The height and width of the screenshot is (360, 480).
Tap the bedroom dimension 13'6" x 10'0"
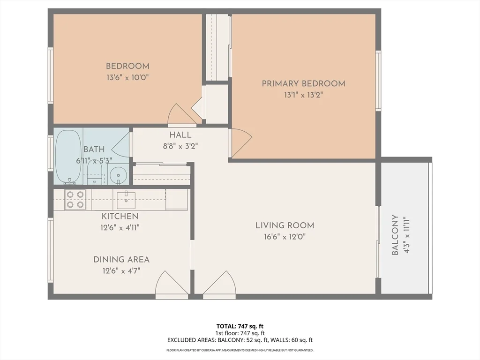click(127, 77)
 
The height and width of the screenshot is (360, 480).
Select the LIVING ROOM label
click(285, 225)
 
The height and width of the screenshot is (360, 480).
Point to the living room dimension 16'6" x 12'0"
click(285, 237)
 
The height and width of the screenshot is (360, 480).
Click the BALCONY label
click(395, 235)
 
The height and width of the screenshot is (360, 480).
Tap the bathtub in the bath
click(68, 156)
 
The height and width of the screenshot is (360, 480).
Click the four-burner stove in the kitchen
click(75, 199)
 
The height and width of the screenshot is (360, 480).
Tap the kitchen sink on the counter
click(126, 200)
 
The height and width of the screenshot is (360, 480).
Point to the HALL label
click(180, 135)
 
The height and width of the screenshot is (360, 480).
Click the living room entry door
click(218, 285)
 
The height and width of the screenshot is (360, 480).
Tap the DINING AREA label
click(121, 259)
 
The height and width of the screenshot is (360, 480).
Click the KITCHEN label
click(120, 216)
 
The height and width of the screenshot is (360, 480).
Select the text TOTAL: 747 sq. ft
click(240, 326)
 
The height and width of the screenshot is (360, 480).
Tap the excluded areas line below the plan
click(240, 340)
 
